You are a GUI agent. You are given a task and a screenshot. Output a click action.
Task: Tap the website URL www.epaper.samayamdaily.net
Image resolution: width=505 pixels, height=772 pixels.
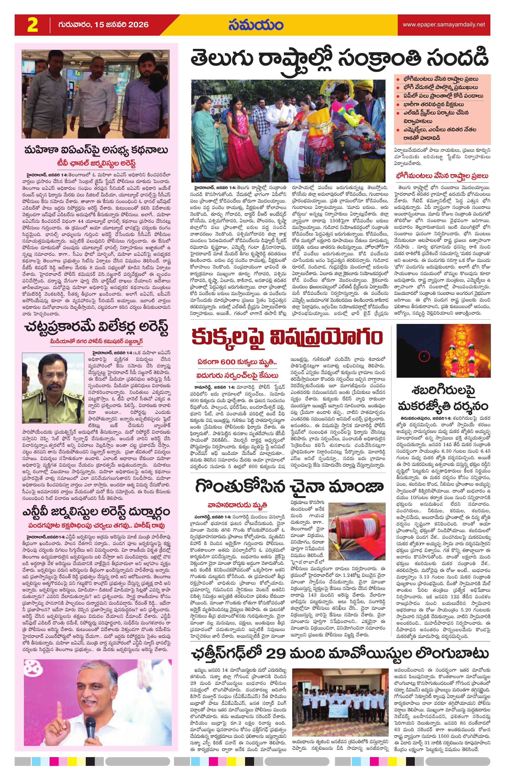[444, 24]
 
